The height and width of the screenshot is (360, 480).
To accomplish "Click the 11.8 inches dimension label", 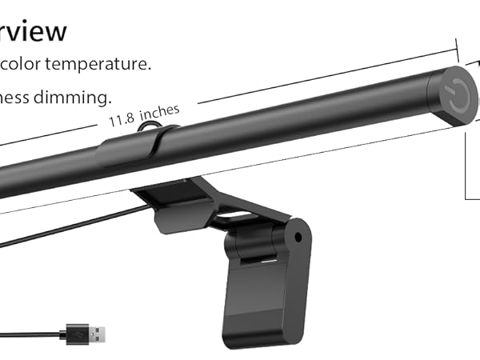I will pos(144,117).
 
